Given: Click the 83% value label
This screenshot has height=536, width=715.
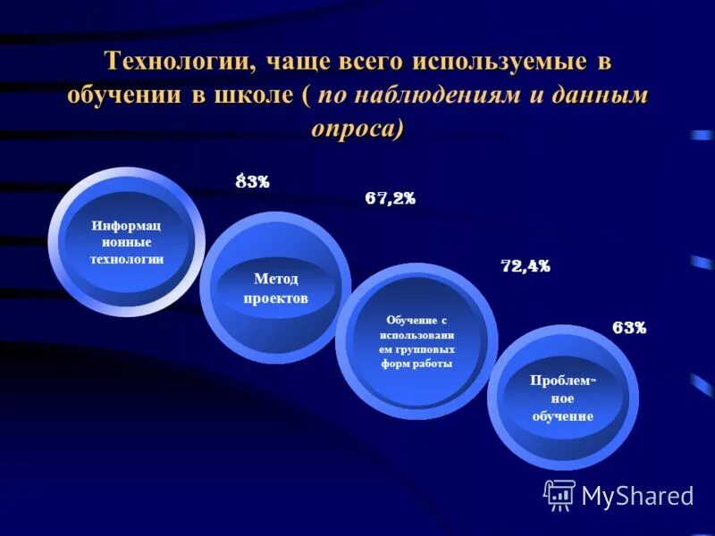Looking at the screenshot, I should (253, 182).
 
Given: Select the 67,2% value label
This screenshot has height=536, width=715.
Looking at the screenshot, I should (390, 199).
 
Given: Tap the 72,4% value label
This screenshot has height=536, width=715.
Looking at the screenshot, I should (525, 266).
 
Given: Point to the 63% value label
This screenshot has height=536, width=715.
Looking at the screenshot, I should (629, 328).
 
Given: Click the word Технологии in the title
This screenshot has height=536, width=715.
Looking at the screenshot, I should (179, 63).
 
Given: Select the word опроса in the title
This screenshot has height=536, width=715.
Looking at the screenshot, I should (355, 128).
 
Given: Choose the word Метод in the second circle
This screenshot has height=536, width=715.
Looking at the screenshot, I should (276, 279).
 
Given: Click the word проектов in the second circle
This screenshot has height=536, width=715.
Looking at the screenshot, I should (276, 298).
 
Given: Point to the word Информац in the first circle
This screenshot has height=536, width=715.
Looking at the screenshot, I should (126, 224).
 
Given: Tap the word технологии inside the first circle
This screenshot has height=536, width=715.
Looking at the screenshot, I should (126, 259).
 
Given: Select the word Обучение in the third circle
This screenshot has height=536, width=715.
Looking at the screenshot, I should (416, 320).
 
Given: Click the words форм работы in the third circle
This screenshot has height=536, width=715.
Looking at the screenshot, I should (416, 364).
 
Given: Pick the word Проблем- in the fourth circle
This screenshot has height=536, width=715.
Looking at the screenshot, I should (562, 381).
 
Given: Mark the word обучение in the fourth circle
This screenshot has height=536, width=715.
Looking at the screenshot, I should (562, 416).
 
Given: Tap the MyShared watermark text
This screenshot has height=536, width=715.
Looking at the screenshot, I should (637, 496).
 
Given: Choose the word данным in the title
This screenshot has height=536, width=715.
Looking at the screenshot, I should (603, 96).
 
